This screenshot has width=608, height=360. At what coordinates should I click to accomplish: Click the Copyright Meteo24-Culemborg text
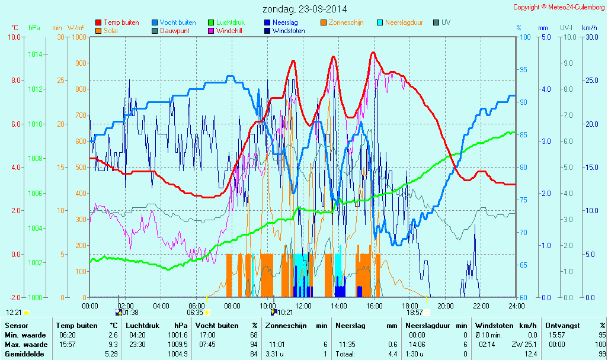(x=559, y=7)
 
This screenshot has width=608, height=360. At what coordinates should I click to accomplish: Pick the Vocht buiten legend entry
(x=177, y=22)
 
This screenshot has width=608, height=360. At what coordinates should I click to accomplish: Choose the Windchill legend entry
(x=228, y=31)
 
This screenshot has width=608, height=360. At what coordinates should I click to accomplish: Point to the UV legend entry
(x=446, y=22)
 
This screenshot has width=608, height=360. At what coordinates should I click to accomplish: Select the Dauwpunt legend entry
(x=174, y=31)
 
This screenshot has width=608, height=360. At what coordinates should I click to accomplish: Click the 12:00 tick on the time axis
(x=303, y=306)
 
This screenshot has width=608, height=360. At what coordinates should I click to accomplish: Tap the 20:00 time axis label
(x=446, y=306)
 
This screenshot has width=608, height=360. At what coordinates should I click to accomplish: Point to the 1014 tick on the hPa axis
(x=35, y=54)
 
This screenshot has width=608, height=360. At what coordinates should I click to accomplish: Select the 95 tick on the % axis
(x=523, y=70)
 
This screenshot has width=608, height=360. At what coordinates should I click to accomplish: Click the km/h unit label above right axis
(x=589, y=28)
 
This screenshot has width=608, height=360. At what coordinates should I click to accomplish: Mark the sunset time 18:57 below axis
(x=415, y=313)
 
